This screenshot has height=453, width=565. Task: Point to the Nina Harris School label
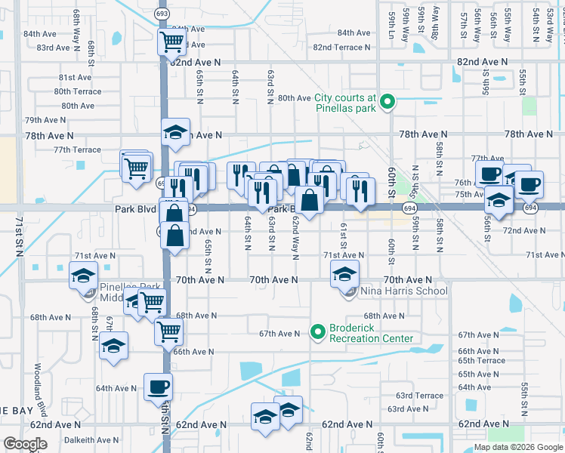(x=404, y=291)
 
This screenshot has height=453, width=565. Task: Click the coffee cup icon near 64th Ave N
(x=158, y=387)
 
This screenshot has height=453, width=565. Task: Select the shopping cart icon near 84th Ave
(x=172, y=41)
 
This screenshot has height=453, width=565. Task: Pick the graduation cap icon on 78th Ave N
(x=175, y=132)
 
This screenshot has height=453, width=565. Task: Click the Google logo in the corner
(x=25, y=444)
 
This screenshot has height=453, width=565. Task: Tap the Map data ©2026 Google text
(x=517, y=447)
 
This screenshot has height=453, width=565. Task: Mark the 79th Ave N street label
(x=45, y=120)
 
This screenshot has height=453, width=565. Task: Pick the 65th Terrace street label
(x=481, y=361)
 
